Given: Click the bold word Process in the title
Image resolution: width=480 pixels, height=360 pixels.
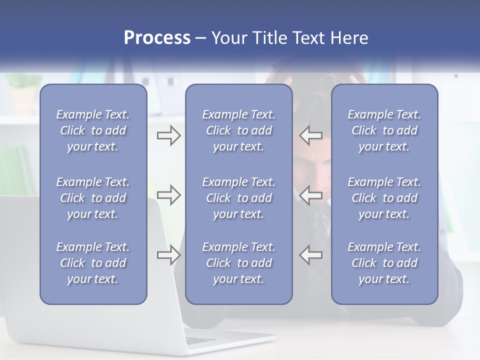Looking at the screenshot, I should pos(157,38).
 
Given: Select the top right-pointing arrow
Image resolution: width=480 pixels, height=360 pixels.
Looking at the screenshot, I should pos(168,135).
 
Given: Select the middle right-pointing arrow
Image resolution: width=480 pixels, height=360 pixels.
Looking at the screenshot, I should pos(168,195).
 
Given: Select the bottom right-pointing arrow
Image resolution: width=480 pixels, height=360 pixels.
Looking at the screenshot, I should pos(168,254).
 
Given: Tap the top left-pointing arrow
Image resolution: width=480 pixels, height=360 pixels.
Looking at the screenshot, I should pos(311,135).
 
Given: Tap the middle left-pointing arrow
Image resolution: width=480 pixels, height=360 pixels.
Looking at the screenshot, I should pos(311,195).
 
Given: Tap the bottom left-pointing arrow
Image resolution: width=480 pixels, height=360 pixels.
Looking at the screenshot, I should pos(311,254).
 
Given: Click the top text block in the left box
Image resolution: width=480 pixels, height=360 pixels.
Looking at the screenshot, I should pos(93,130).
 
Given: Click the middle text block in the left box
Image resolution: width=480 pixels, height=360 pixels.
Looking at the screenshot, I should pos(93,198).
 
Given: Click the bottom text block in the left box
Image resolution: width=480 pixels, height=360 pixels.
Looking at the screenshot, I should pos(93,263).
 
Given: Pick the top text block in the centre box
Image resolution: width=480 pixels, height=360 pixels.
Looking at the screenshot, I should pos(238,130).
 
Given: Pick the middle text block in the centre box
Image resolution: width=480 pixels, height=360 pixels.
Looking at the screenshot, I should pos(238,198).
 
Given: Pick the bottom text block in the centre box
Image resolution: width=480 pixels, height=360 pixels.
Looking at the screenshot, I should pos(238,263).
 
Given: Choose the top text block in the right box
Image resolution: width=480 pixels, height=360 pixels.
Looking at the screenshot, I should pos(384,130).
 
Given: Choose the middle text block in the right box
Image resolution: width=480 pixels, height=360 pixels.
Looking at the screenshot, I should pos(384,198).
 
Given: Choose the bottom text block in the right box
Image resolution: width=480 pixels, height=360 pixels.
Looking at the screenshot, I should pos(384,263).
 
